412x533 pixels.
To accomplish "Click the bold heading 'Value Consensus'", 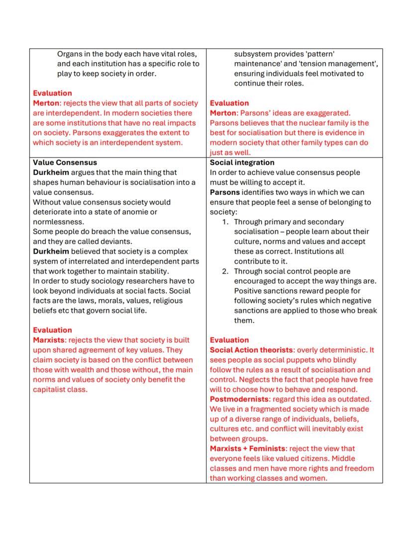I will tap(65, 163).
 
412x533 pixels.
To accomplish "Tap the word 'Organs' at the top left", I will tap(70, 54).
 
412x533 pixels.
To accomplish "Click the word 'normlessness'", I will tap(58, 222).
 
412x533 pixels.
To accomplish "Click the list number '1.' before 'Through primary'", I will tap(225, 222).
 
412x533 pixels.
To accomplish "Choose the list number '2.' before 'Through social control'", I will tap(225, 271).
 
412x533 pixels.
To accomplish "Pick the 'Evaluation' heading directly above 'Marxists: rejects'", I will tap(52, 330).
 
